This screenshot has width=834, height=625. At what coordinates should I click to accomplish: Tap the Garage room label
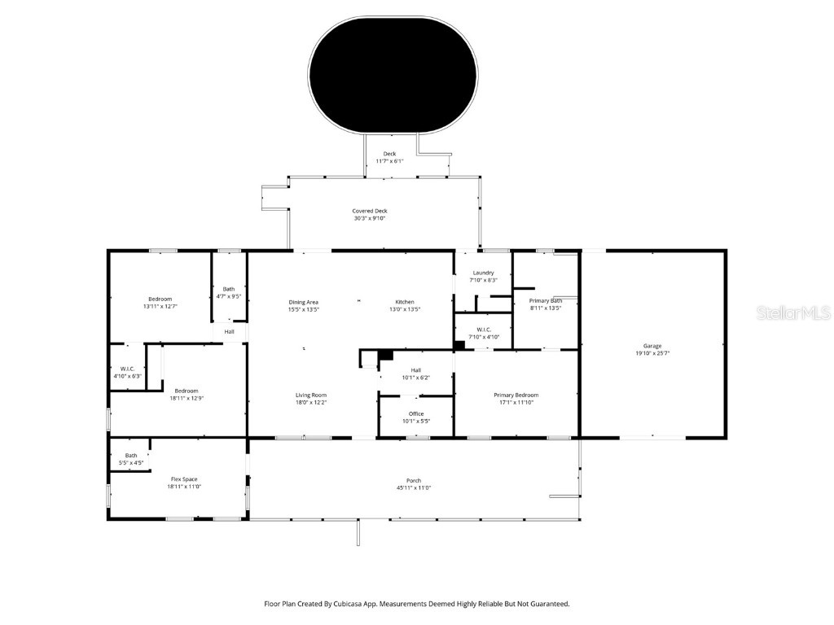coord(652,346)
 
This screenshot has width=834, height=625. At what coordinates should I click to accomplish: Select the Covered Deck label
coord(370,211)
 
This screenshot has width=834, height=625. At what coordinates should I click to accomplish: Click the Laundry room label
coord(482,273)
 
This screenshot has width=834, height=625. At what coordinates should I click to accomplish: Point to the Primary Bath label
coord(545,300)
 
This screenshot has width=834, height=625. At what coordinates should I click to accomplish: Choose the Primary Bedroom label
coord(516,395)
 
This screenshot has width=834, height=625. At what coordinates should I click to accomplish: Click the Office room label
coord(415,413)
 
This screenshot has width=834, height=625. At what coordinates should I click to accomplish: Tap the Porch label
coord(414,480)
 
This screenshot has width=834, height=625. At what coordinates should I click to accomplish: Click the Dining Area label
coord(303,302)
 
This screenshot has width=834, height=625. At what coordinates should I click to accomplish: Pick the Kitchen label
coord(405,302)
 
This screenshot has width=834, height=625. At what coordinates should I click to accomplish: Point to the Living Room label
coord(311,395)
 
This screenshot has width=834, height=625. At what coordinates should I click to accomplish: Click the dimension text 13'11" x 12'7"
coord(160,307)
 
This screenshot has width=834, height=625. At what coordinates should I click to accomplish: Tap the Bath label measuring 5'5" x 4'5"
coord(131,455)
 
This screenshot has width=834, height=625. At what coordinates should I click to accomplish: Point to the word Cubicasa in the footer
coord(352,604)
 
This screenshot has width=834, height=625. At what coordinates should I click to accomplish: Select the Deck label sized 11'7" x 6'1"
coord(389,153)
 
